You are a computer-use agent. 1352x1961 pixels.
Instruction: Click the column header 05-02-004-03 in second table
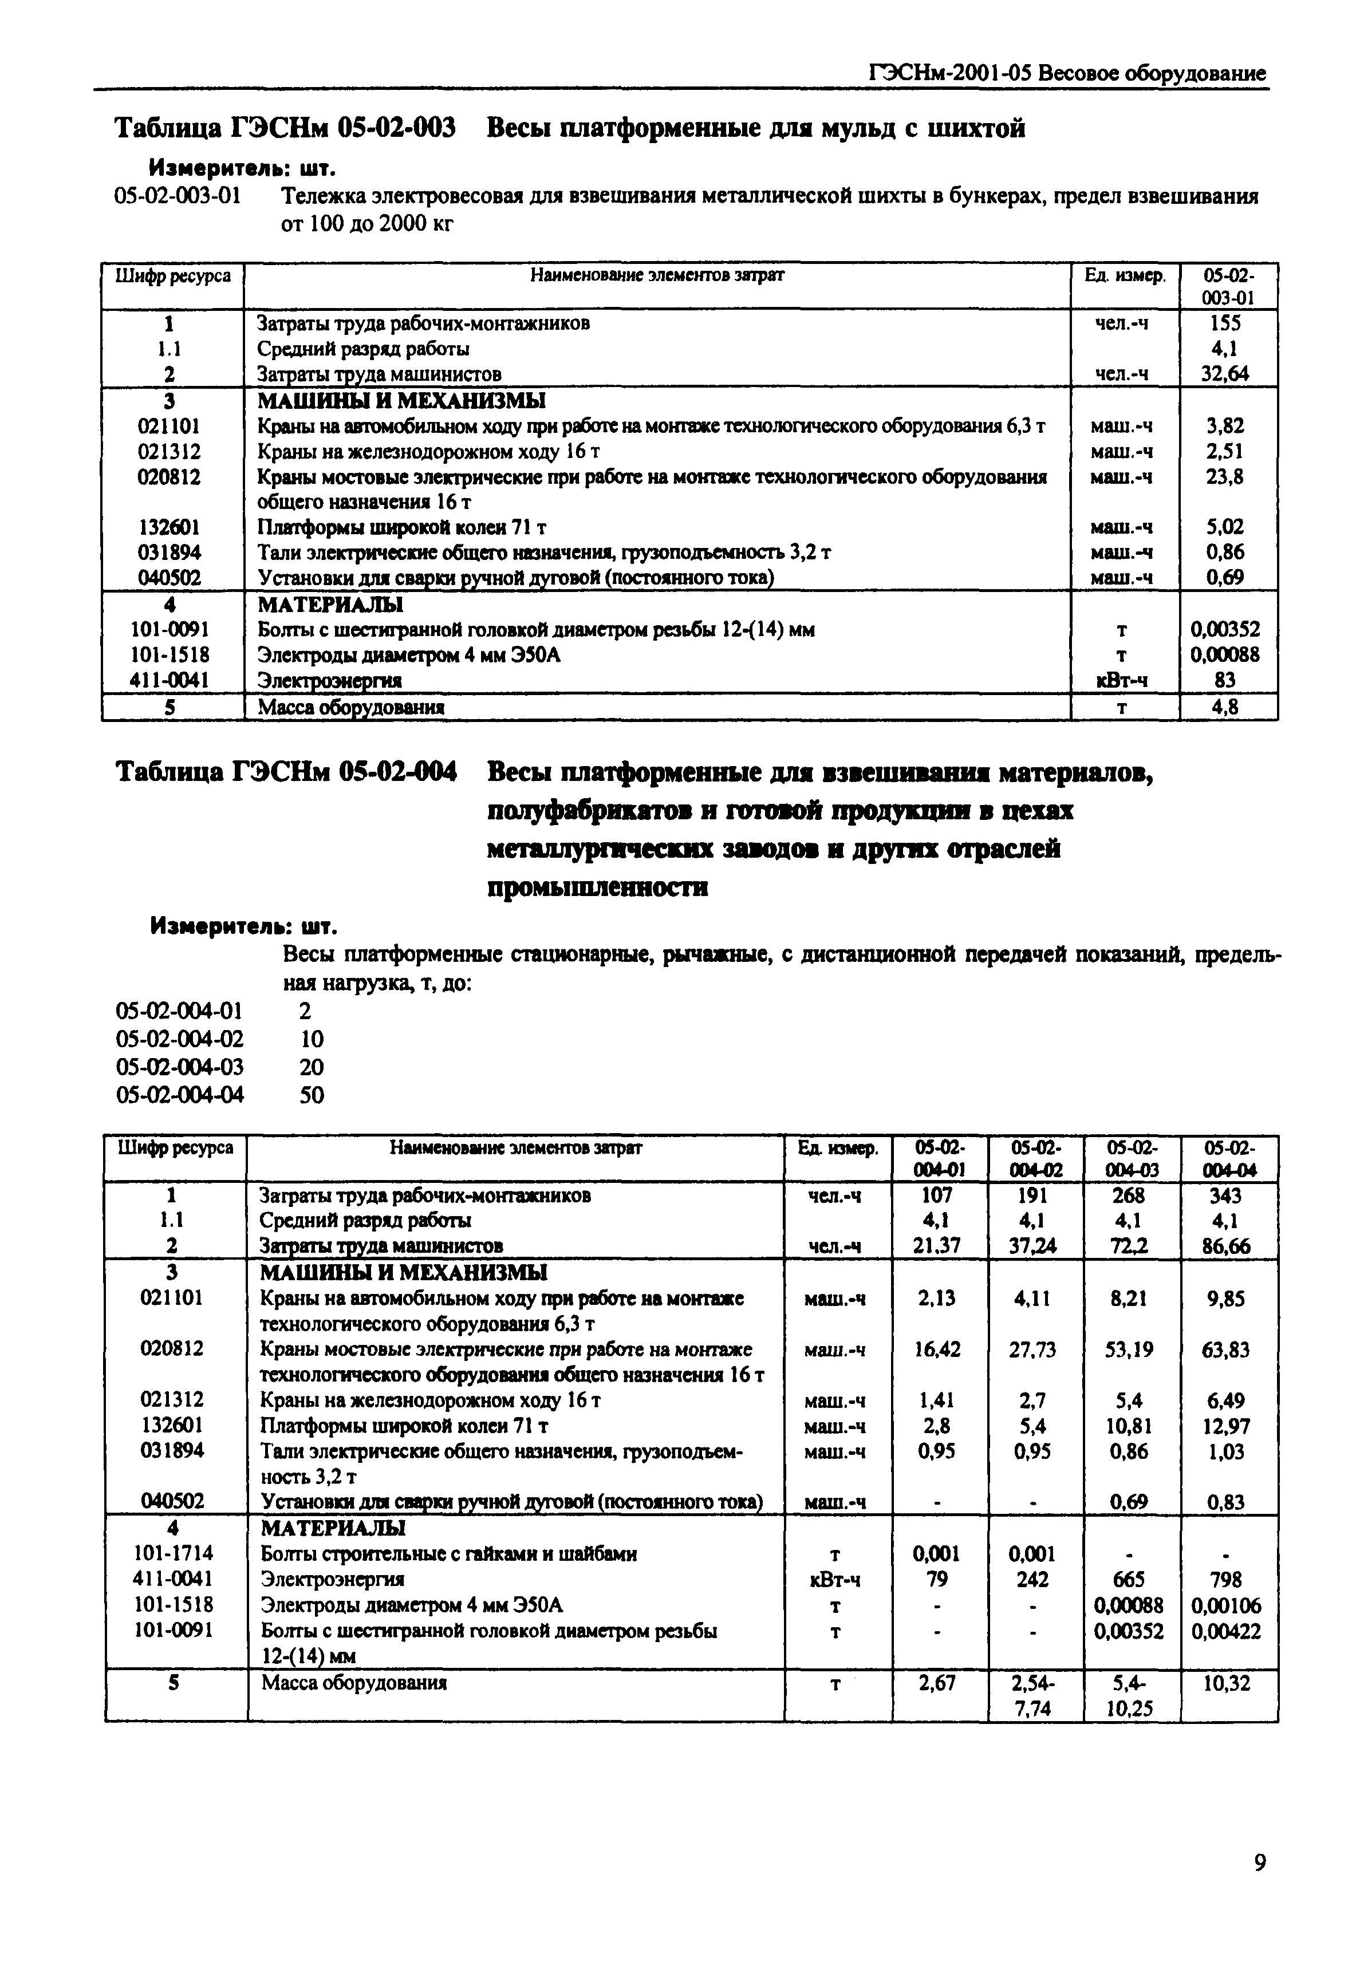[1132, 1159]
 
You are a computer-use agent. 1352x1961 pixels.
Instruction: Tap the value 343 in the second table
[1226, 1195]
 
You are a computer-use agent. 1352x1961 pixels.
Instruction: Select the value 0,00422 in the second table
[1226, 1631]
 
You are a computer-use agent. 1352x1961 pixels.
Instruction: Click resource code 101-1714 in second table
[173, 1553]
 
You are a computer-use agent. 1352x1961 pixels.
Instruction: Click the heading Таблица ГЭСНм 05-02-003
[286, 129]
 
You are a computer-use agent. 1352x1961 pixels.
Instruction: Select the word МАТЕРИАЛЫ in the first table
[330, 605]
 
